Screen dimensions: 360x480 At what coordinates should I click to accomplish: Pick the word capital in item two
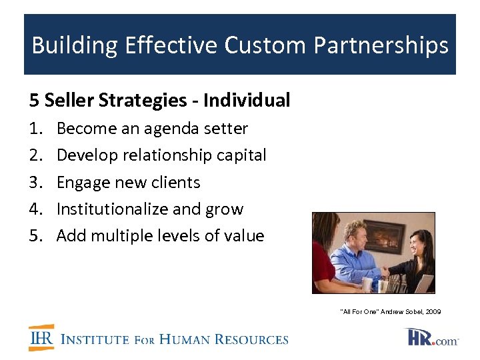(241, 155)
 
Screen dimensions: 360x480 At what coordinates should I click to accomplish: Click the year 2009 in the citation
(433, 312)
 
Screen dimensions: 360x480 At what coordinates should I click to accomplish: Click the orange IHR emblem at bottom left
(41, 338)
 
